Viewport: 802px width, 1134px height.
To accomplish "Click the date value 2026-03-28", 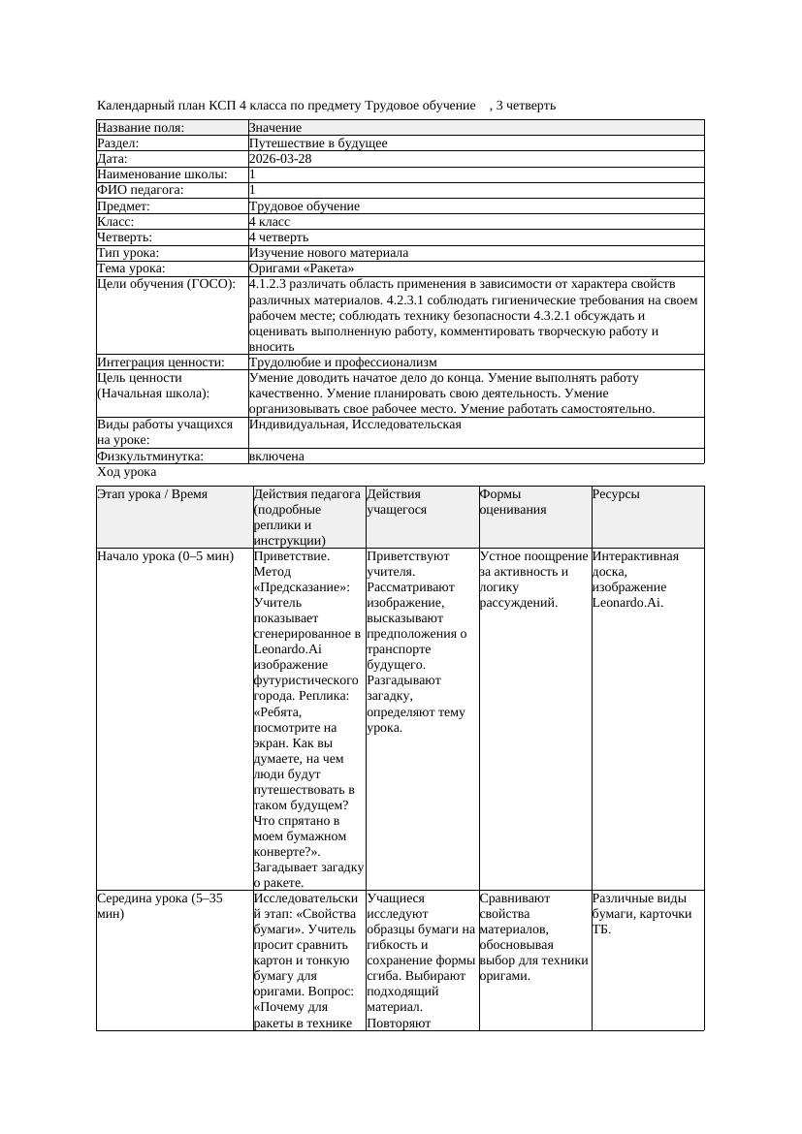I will click(280, 159).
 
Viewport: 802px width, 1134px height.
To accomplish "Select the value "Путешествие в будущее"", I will click(318, 143).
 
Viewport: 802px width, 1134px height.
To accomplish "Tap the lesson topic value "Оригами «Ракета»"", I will click(302, 268).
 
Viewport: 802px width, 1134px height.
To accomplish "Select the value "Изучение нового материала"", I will click(329, 253).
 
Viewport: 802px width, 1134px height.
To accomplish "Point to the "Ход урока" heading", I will click(127, 472).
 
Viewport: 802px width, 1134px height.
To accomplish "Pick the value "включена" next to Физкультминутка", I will click(276, 456).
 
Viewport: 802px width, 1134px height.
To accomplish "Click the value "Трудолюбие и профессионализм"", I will click(343, 362).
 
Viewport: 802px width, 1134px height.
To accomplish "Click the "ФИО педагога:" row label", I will click(141, 190).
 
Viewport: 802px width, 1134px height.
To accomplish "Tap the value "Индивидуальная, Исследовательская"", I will click(355, 425).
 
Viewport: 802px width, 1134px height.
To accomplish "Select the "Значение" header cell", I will click(275, 128).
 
